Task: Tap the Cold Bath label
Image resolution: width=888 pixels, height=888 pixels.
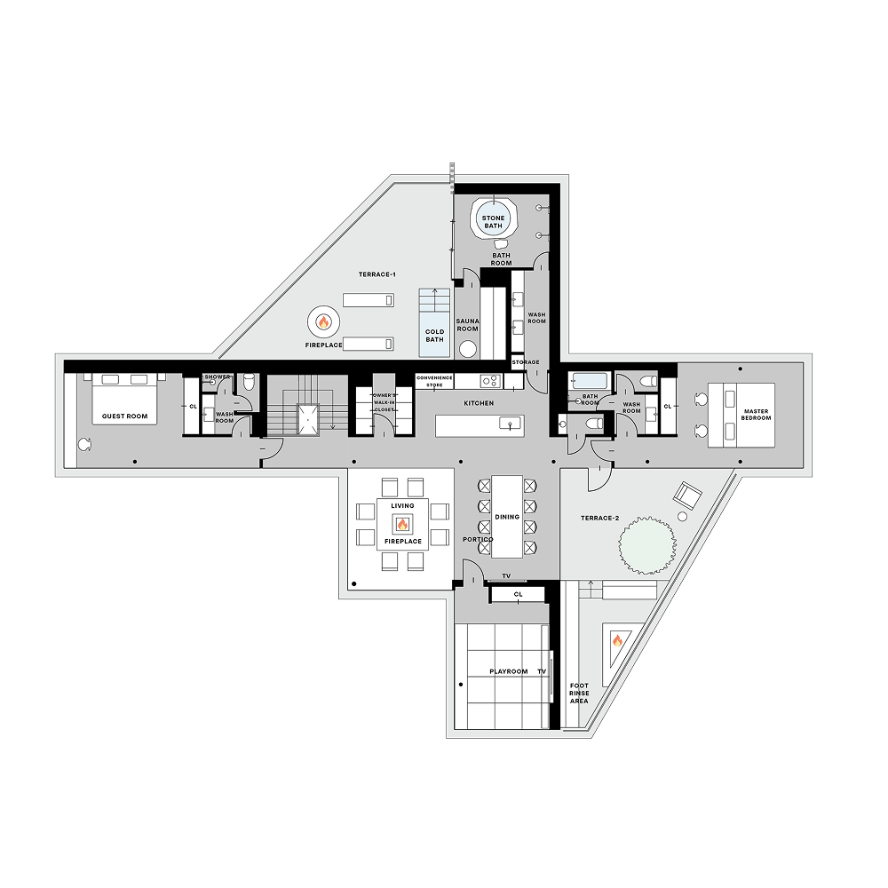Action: (434, 335)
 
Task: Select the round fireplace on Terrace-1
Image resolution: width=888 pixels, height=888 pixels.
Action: (323, 321)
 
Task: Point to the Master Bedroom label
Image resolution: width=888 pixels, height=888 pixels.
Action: (757, 414)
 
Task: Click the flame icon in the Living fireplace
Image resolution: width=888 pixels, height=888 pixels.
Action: (402, 524)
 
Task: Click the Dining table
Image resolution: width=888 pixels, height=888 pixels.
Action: (507, 516)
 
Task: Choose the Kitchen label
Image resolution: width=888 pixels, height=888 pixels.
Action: (479, 403)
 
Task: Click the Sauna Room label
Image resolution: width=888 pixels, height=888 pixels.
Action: (468, 325)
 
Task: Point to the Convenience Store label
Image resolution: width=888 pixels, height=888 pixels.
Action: (435, 381)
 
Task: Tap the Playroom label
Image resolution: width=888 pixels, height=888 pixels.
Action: (509, 672)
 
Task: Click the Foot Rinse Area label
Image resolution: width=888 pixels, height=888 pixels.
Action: (579, 693)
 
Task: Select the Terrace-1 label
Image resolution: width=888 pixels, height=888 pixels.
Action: (377, 274)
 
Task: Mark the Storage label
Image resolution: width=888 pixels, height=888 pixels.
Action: (525, 362)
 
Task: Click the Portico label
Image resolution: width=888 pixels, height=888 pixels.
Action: (478, 540)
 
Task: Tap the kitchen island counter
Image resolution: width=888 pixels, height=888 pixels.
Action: (480, 425)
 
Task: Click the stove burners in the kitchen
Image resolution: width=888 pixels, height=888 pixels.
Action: (488, 381)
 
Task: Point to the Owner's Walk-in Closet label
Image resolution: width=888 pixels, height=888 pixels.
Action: (384, 402)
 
